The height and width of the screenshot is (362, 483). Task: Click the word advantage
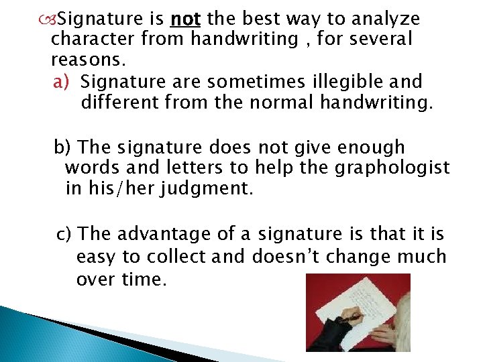click(x=158, y=234)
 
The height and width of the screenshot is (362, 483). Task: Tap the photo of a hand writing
click(x=358, y=312)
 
